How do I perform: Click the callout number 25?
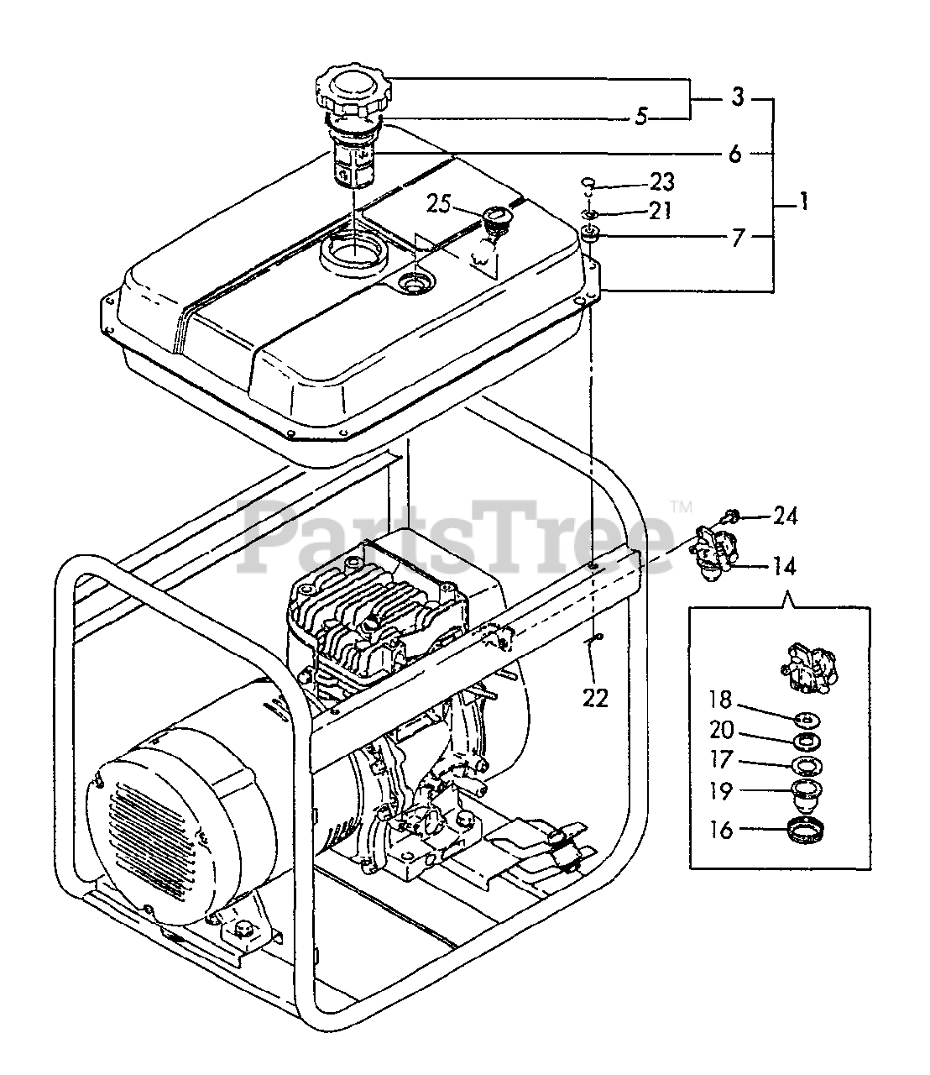[438, 203]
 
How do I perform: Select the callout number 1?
[803, 202]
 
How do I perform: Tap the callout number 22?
[595, 698]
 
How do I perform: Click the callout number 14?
[783, 567]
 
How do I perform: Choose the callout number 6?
[734, 154]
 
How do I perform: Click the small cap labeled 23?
[588, 182]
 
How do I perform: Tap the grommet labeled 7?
[590, 233]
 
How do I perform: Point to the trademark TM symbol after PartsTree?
[681, 506]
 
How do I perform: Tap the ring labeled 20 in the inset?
[807, 741]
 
